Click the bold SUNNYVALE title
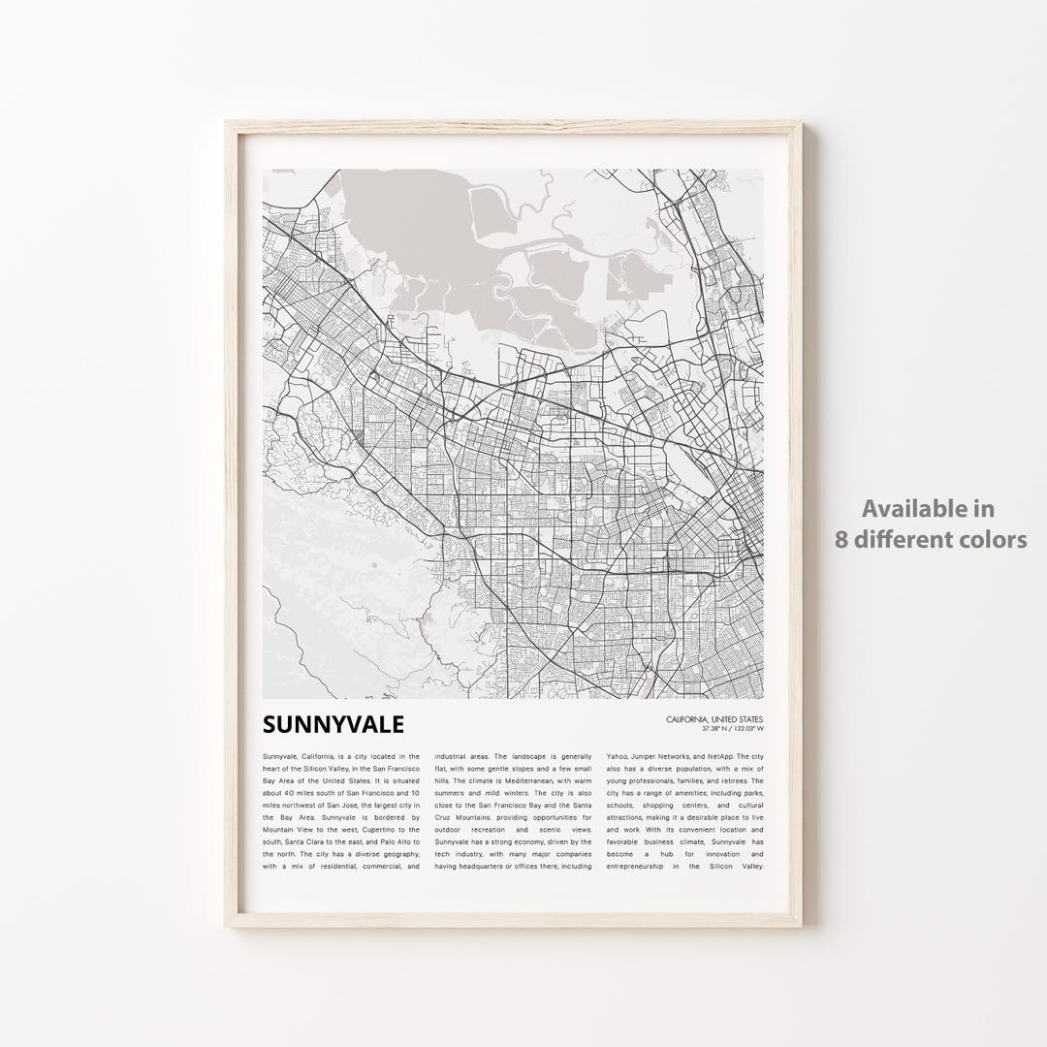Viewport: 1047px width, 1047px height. pos(333,724)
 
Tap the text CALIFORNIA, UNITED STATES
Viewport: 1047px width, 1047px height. pos(714,719)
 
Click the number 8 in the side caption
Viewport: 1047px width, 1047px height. pos(841,539)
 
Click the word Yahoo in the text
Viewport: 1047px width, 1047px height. pos(617,756)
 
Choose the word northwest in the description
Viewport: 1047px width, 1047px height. pos(293,806)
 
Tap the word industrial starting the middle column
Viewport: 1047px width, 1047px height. pos(455,756)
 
